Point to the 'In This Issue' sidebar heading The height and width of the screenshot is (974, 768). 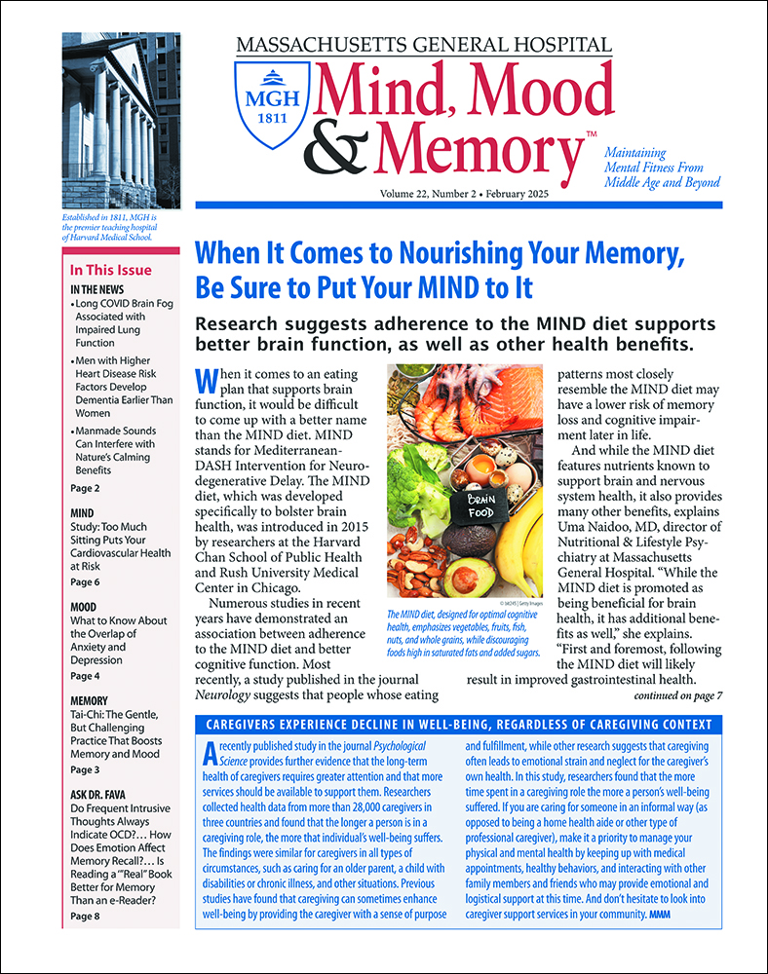(110, 271)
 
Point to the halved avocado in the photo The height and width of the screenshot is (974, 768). (470, 576)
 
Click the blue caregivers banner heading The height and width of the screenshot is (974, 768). (458, 725)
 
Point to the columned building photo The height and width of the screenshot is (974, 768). (121, 128)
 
